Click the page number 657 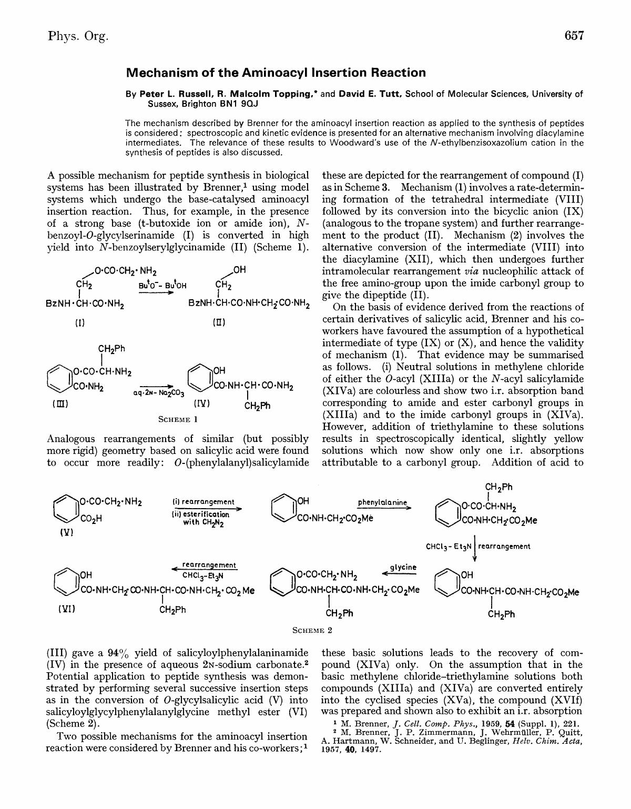pyautogui.click(x=574, y=36)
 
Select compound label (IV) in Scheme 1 pyautogui.click(x=201, y=404)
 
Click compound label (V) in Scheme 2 pyautogui.click(x=66, y=532)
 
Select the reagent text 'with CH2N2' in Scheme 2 pyautogui.click(x=203, y=523)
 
